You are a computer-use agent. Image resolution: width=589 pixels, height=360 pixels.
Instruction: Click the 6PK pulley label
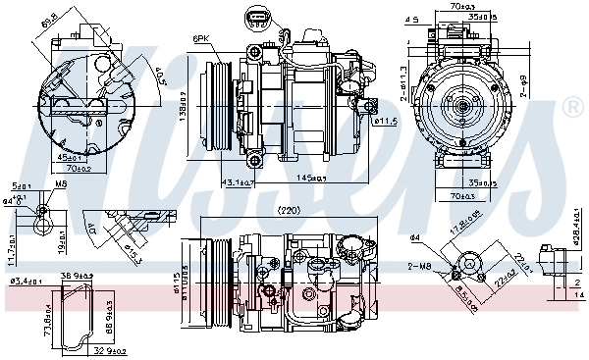click(x=202, y=38)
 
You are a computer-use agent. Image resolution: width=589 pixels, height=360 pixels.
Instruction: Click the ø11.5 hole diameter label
click(x=385, y=121)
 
